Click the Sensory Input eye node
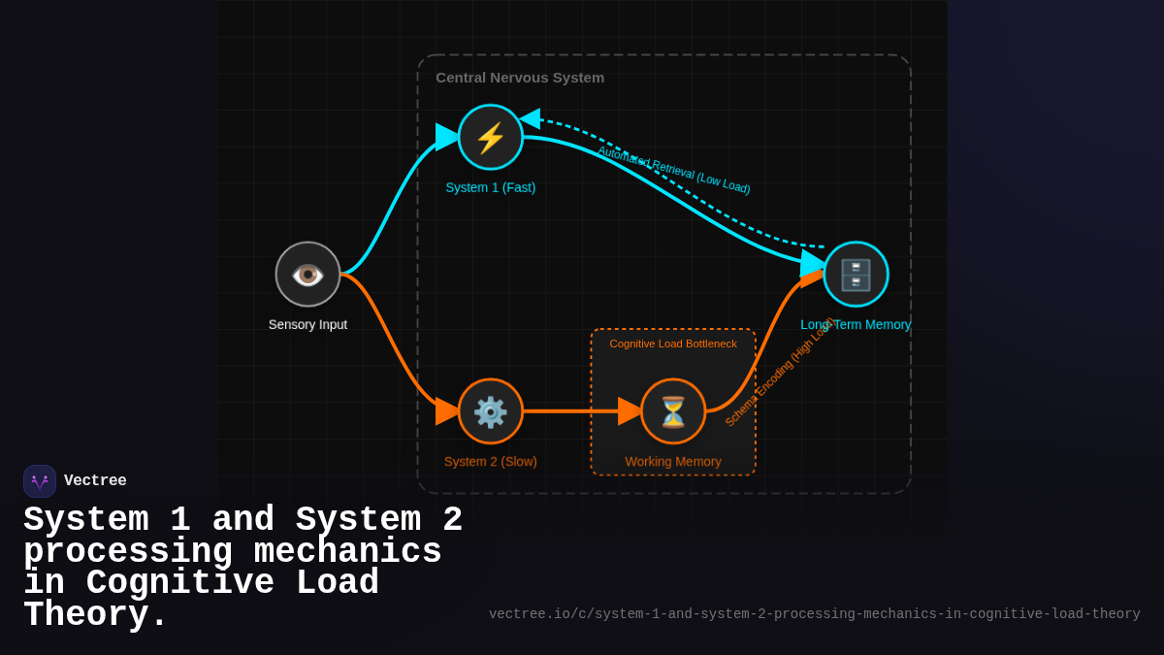(x=307, y=275)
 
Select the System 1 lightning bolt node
(x=491, y=137)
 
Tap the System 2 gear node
(x=491, y=411)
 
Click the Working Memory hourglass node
(x=673, y=411)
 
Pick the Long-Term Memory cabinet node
(x=856, y=275)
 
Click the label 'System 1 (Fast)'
(x=491, y=187)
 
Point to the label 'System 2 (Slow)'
(x=491, y=462)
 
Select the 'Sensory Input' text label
(x=307, y=325)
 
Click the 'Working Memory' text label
(x=673, y=462)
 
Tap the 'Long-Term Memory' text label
(x=856, y=325)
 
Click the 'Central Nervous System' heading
(x=520, y=78)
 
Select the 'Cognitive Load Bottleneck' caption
(x=673, y=344)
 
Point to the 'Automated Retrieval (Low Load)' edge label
(x=673, y=170)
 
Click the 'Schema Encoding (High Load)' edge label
(x=779, y=372)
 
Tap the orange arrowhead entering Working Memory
(x=630, y=411)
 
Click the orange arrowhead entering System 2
(x=446, y=410)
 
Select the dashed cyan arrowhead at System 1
(x=530, y=118)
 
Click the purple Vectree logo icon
(x=40, y=481)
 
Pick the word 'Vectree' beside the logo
(x=95, y=481)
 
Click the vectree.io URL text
(x=814, y=614)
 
